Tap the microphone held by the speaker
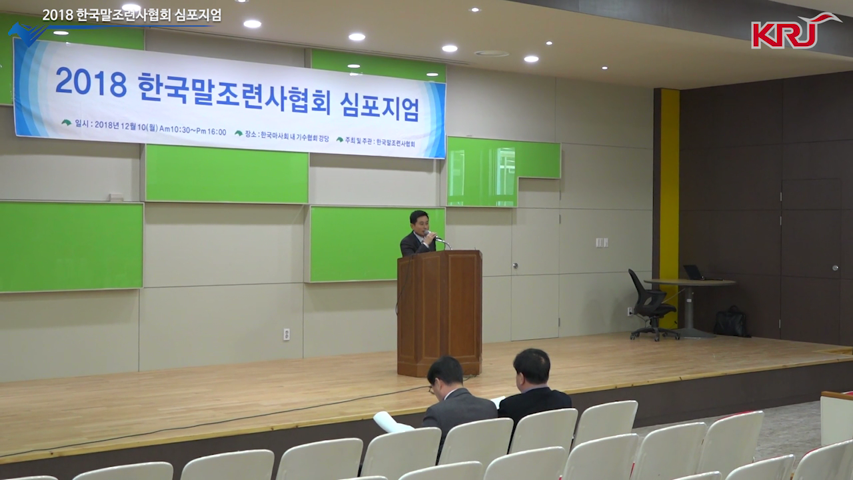(430, 233)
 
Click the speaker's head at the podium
(419, 222)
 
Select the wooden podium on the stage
(439, 313)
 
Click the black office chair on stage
(651, 305)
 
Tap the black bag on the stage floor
(731, 322)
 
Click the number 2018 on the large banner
(91, 82)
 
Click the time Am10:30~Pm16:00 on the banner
(193, 129)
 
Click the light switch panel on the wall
(602, 242)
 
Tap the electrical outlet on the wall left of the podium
(287, 335)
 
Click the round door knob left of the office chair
(515, 265)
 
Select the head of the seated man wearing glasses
(444, 375)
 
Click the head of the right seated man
(532, 367)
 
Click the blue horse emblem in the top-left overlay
(25, 33)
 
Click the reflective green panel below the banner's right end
(502, 171)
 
